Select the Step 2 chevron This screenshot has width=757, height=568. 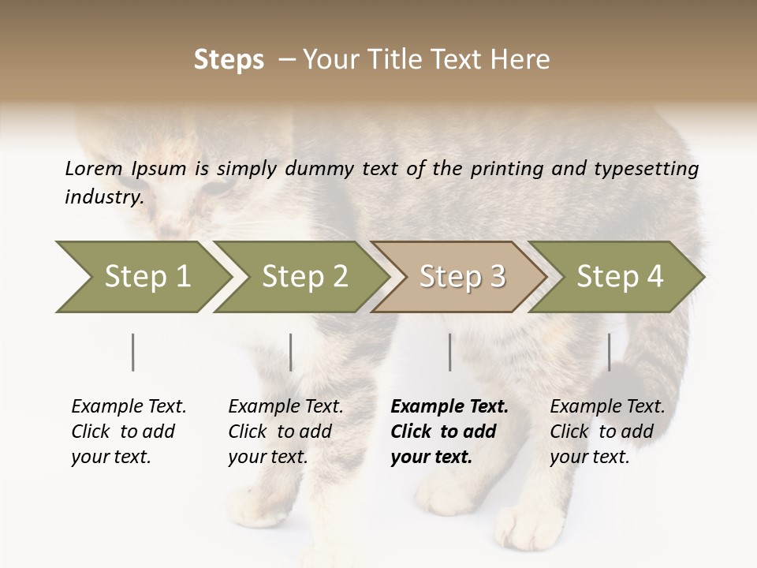coord(304,277)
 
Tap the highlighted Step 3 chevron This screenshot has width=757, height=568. coord(462,277)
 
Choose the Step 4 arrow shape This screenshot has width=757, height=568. coord(620,277)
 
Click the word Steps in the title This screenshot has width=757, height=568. coord(229,59)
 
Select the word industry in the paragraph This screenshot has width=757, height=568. coord(103,196)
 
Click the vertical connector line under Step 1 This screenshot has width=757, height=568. coord(133,352)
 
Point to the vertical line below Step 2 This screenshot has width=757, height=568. coord(291,352)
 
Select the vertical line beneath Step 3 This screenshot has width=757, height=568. coord(450,352)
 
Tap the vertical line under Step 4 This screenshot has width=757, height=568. coord(609,352)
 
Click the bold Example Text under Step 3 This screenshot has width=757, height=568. coord(449,407)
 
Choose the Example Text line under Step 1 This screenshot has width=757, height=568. coord(129,407)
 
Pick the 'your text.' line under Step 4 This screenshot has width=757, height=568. coord(590,457)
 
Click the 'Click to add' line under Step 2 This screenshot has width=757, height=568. coord(280,432)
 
